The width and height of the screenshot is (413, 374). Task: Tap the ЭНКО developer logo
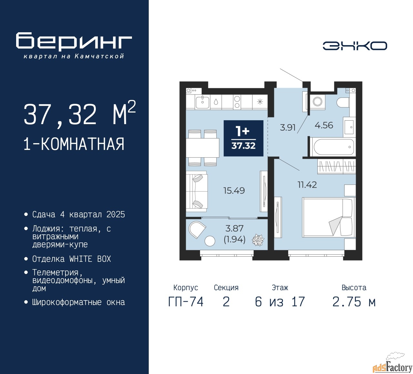tap(355, 46)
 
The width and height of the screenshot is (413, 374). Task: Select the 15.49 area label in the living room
tap(234, 191)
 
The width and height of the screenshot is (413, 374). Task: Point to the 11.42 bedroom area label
tap(307, 185)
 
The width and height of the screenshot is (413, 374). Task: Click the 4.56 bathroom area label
tap(324, 125)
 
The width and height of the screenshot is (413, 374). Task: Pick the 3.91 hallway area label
tap(287, 127)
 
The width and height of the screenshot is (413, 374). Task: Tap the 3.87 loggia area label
tap(234, 229)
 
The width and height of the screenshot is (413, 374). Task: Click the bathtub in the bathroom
tap(333, 147)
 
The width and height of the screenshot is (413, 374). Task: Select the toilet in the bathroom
tap(343, 102)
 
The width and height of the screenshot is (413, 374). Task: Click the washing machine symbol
tap(317, 102)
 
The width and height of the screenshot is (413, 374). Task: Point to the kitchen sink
tap(202, 102)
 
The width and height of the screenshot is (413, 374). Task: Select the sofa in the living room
tap(197, 191)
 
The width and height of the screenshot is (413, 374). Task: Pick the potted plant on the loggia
tap(258, 240)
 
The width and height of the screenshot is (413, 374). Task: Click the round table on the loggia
tap(210, 241)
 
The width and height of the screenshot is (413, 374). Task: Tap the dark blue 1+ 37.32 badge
tap(243, 138)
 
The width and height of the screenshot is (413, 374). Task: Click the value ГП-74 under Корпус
tap(186, 302)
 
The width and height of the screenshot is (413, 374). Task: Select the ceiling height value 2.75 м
tap(354, 302)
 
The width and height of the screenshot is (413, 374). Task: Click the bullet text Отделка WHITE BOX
tap(71, 259)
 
